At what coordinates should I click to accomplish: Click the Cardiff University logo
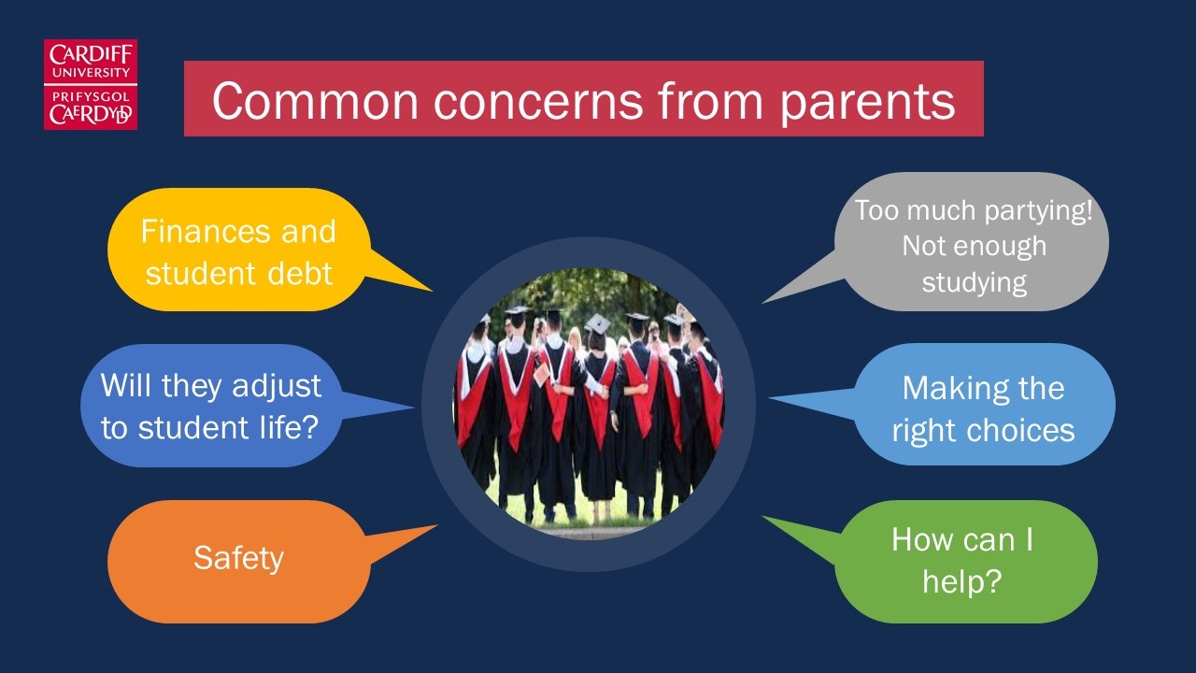pos(91,84)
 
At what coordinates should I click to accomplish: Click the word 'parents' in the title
pos(868,103)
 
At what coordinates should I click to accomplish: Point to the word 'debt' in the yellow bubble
pos(300,274)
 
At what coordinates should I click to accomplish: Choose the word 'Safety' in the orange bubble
pos(238,559)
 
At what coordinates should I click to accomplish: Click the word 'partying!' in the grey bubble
pos(1038,211)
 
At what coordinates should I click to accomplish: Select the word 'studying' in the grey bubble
pos(974,283)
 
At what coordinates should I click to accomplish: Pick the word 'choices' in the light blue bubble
pos(1020,430)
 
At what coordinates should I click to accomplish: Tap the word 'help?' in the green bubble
pos(962,581)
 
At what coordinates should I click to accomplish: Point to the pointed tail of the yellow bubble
pos(432,291)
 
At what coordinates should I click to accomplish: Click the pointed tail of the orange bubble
pos(436,525)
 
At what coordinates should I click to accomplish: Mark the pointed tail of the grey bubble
pos(762,303)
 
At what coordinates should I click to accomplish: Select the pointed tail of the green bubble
pos(762,517)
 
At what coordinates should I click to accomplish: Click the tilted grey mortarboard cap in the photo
pos(597,324)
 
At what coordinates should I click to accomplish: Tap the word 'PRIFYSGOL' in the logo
pos(91,96)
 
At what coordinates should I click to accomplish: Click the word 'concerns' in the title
pos(538,102)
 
